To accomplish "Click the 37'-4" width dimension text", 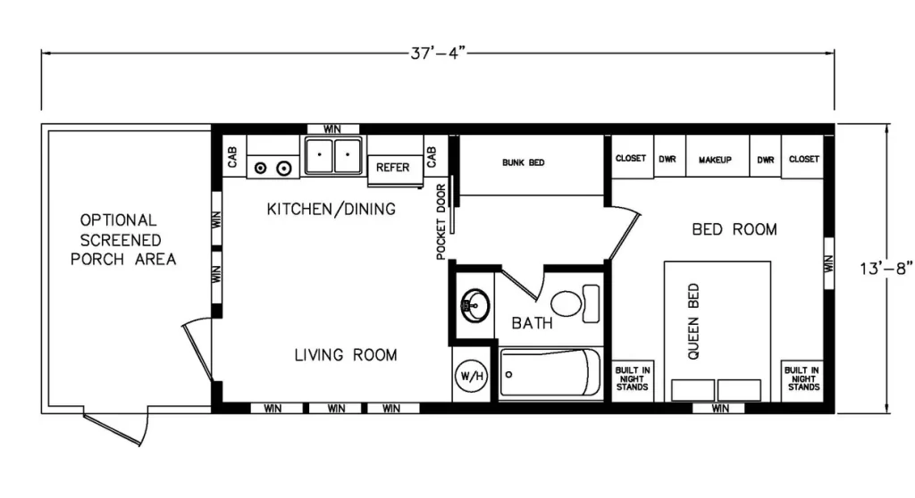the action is coord(438,53).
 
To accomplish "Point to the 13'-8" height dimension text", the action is coord(886,269).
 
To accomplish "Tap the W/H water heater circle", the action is coord(472,376).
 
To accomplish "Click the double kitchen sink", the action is coord(333,155).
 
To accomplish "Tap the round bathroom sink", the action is coord(474,304).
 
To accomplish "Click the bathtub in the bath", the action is coord(550,373).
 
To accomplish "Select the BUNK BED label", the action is coord(524,162).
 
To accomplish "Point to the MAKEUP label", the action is coord(715,160).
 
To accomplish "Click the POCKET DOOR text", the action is coord(441,221).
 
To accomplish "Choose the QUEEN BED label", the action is coord(693,321).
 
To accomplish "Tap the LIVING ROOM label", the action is coord(346,354).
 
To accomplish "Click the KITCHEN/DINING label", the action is coord(331,209).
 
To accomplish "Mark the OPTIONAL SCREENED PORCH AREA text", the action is coord(122,240).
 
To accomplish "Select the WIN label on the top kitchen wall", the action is coord(332,129).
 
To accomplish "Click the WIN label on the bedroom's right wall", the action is coord(828,263).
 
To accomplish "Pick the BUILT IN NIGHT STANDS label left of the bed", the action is coord(633,378).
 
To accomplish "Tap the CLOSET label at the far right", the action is coord(804,159).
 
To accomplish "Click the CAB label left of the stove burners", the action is coord(232,157).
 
